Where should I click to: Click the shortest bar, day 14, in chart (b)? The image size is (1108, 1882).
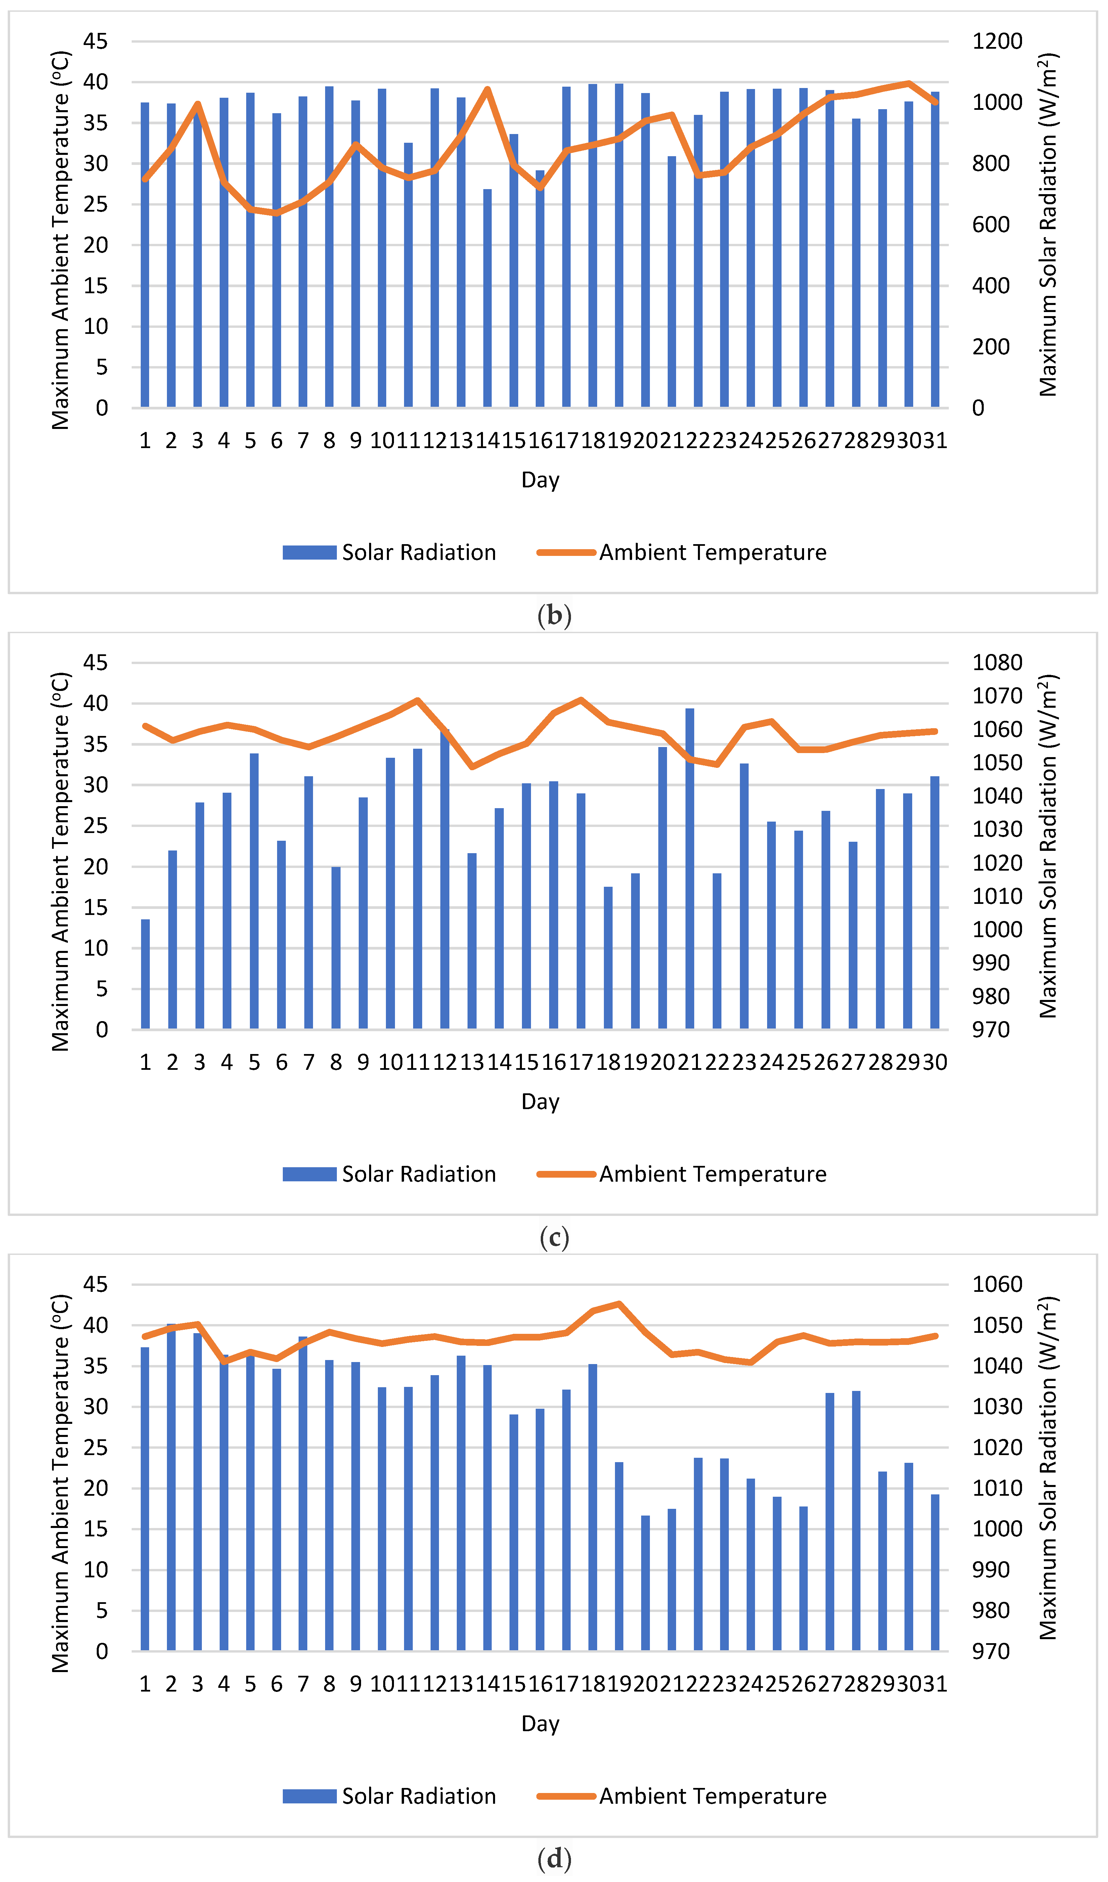(x=488, y=299)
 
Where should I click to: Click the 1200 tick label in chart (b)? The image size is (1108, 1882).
(x=997, y=41)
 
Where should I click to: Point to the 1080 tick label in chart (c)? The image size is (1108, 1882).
(x=997, y=662)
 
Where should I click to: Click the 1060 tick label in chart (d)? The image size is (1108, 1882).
(x=997, y=1284)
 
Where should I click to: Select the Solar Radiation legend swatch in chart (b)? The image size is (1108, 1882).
(x=309, y=553)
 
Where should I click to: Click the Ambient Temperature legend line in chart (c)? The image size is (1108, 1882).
(x=566, y=1174)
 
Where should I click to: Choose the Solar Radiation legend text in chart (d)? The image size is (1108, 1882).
(x=419, y=1796)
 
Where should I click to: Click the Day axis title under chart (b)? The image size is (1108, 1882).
(x=540, y=480)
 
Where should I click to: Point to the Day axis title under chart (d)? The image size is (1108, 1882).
(x=540, y=1724)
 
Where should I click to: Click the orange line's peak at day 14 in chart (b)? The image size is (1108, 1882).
(x=488, y=90)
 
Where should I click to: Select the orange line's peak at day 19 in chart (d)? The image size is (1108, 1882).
(x=619, y=1304)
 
